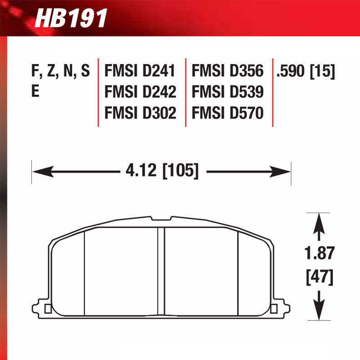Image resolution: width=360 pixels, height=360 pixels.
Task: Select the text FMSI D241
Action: coord(140,71)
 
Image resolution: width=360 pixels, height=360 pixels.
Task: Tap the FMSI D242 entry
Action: coord(140,92)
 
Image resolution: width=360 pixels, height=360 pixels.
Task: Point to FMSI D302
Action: coord(140,112)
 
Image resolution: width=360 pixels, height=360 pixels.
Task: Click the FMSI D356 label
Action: coord(227,71)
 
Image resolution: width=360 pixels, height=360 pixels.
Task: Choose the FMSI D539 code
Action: coord(227,92)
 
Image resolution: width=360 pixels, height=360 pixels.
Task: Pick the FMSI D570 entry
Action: coord(227,112)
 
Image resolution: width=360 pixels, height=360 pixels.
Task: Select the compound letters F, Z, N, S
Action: coord(60,71)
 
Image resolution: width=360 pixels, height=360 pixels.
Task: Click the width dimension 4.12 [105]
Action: coord(161,171)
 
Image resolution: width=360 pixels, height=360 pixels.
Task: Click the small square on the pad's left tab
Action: coord(48,310)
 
